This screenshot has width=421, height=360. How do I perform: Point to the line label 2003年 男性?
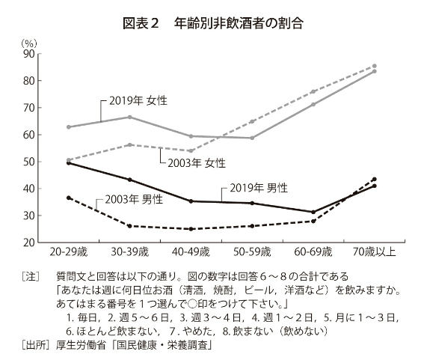click(x=131, y=200)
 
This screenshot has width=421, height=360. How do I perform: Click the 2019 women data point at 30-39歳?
click(x=129, y=117)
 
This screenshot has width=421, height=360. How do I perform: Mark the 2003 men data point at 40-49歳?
click(x=191, y=229)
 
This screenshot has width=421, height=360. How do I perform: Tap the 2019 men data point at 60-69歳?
click(x=313, y=212)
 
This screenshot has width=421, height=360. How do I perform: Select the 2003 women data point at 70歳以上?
click(x=374, y=66)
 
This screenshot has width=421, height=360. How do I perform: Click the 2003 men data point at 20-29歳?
click(x=69, y=198)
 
